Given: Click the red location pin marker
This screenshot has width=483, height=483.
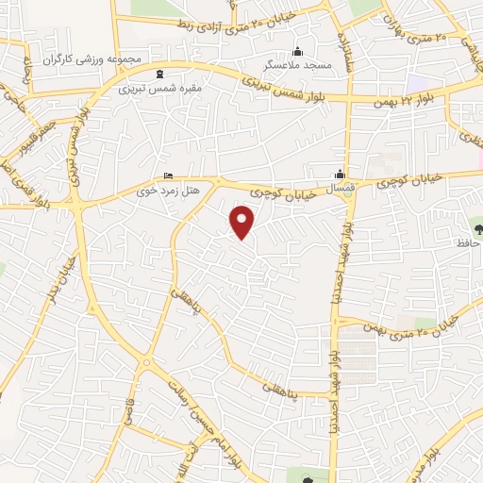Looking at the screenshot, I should tap(243, 222).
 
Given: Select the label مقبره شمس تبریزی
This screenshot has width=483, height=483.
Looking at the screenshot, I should tap(160, 91).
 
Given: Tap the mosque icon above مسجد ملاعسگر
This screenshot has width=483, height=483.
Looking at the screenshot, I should tap(298, 51).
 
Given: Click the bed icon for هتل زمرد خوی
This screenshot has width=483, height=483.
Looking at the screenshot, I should tap(168, 175).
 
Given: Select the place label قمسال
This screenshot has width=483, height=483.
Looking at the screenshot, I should tap(341, 190).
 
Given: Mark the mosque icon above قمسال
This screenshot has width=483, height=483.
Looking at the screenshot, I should tap(341, 174).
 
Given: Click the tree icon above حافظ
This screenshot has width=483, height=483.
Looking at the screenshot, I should tap(475, 228).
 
